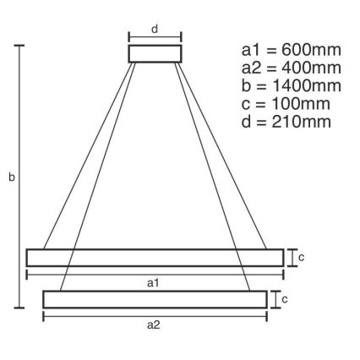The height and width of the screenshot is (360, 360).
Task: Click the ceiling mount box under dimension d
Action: tap(155, 54)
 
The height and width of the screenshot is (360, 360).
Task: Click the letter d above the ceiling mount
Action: tap(155, 29)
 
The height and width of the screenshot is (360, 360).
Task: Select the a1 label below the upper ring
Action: tap(153, 283)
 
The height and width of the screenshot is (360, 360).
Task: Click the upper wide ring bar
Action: tap(155, 258)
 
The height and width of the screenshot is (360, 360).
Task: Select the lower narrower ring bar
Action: tap(155, 299)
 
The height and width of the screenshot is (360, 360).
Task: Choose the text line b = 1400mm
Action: tap(291, 86)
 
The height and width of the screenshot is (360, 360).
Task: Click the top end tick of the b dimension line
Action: tap(20, 46)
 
